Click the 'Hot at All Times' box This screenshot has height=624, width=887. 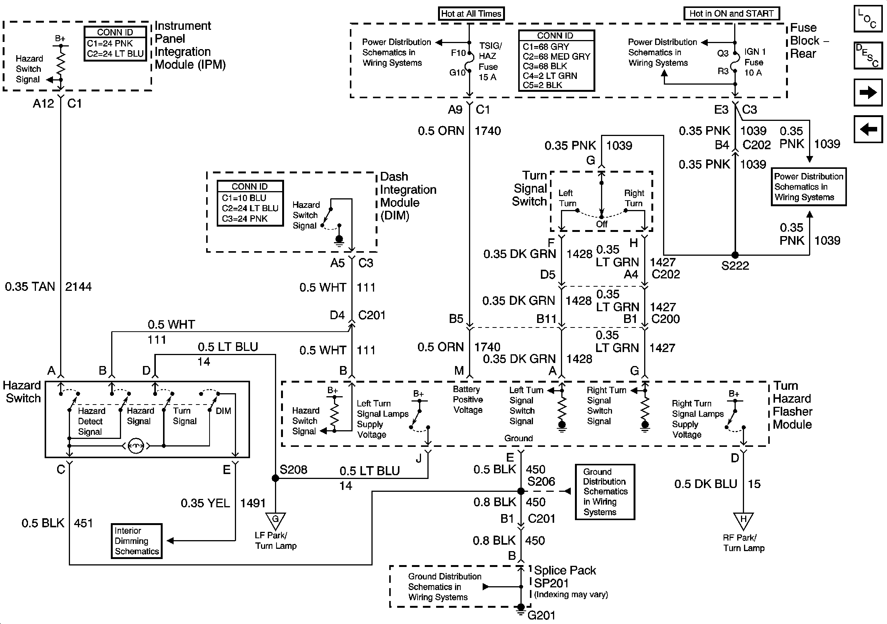point(471,14)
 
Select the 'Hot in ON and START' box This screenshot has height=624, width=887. point(731,14)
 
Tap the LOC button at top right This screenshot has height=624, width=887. point(868,18)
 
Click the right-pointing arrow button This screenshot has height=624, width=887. point(868,92)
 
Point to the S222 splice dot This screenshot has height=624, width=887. point(735,255)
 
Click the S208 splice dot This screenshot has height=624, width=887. point(275,479)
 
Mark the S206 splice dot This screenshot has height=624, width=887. point(521,491)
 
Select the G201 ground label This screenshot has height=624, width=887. point(541,615)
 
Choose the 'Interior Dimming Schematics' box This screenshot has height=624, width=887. point(137,541)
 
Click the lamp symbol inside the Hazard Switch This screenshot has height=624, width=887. point(135,446)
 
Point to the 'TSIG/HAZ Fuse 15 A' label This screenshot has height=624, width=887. point(490,61)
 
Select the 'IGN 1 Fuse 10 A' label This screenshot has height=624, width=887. point(755,62)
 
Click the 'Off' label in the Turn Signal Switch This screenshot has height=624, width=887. point(601,224)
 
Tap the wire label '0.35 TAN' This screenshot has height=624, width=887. point(30,287)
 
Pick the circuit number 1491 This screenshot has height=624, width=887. point(253,503)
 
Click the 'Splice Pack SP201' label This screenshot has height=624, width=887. point(565,576)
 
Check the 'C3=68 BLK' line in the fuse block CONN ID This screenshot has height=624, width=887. point(545,66)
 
